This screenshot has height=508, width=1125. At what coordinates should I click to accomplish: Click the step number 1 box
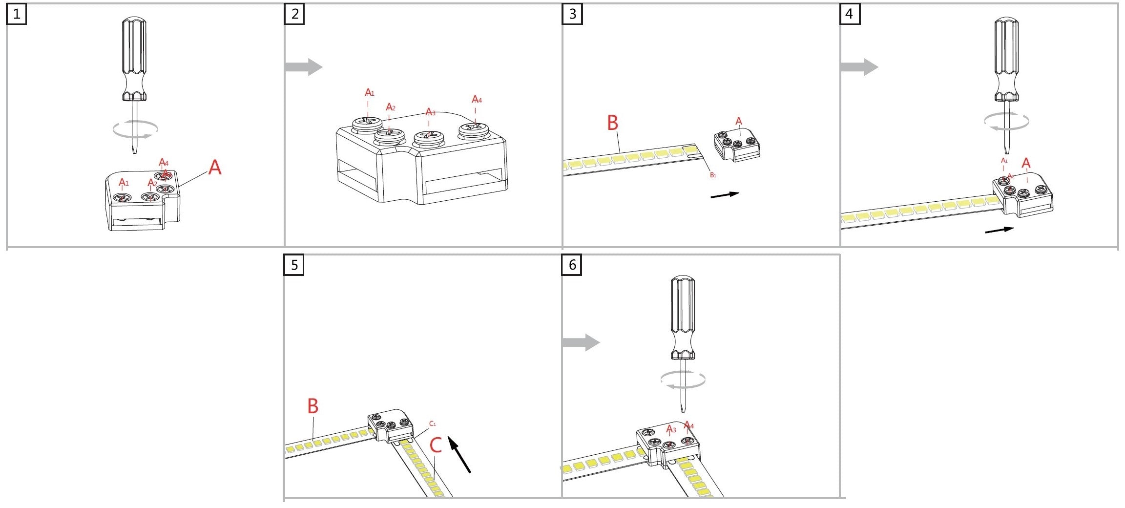[x=17, y=14]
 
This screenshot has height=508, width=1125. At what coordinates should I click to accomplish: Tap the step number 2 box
[x=294, y=14]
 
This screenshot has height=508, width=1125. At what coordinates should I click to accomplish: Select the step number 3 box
[x=572, y=14]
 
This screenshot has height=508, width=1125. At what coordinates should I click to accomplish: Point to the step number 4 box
[x=850, y=14]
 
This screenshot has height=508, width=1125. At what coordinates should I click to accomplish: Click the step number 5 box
[x=294, y=265]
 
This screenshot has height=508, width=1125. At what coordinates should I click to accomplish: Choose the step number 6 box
[x=572, y=265]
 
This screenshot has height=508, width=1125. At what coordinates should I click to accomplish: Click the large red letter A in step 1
[x=215, y=168]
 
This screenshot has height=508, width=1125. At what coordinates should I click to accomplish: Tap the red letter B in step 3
[x=613, y=123]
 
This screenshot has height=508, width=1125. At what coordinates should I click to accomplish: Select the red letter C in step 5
[x=436, y=445]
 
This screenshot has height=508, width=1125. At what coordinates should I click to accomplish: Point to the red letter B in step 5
[x=313, y=406]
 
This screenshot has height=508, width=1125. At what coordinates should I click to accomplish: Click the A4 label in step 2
[x=477, y=100]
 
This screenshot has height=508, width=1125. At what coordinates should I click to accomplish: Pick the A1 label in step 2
[x=370, y=92]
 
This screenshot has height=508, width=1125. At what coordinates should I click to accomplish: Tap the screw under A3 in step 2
[x=428, y=138]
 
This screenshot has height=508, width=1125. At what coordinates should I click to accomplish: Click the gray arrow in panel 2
[x=303, y=67]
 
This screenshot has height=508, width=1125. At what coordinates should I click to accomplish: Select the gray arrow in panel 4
[x=859, y=67]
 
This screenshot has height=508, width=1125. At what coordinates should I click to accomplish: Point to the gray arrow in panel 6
[x=581, y=342]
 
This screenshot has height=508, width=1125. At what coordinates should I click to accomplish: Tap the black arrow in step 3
[x=725, y=194]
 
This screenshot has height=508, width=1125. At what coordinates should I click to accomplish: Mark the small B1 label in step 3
[x=713, y=175]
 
